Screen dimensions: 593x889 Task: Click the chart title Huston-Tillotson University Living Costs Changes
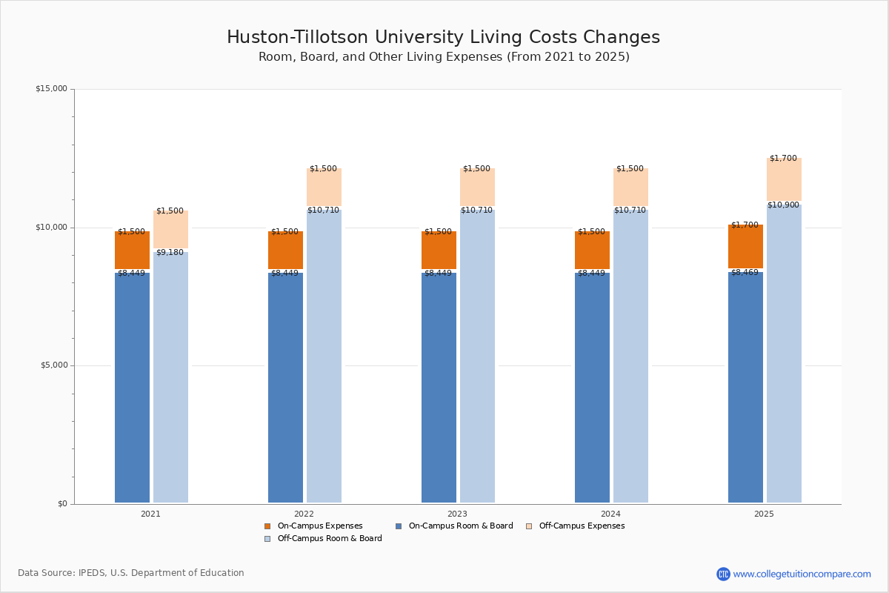point(443,38)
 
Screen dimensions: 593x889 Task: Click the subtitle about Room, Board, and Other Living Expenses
point(444,57)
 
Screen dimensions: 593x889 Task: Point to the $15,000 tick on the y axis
point(51,89)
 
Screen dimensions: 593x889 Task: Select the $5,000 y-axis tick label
point(53,365)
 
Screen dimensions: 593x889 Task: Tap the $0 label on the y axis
point(62,504)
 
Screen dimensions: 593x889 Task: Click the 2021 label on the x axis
point(150,514)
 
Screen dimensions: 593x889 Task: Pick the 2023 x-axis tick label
point(457,514)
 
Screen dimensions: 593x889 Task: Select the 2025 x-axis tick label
point(764,514)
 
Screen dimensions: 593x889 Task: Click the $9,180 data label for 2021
point(170,253)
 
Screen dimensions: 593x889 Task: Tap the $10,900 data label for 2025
point(783,205)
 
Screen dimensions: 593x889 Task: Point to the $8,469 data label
point(745,273)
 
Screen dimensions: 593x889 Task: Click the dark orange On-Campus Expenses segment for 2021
point(132,251)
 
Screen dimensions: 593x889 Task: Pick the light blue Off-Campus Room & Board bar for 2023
point(477,356)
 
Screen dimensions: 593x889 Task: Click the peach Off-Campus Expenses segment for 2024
point(630,188)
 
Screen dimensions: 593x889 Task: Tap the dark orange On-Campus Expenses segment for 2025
point(745,247)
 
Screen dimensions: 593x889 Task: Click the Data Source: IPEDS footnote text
point(131,573)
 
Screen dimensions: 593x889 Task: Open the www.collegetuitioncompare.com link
point(802,574)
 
